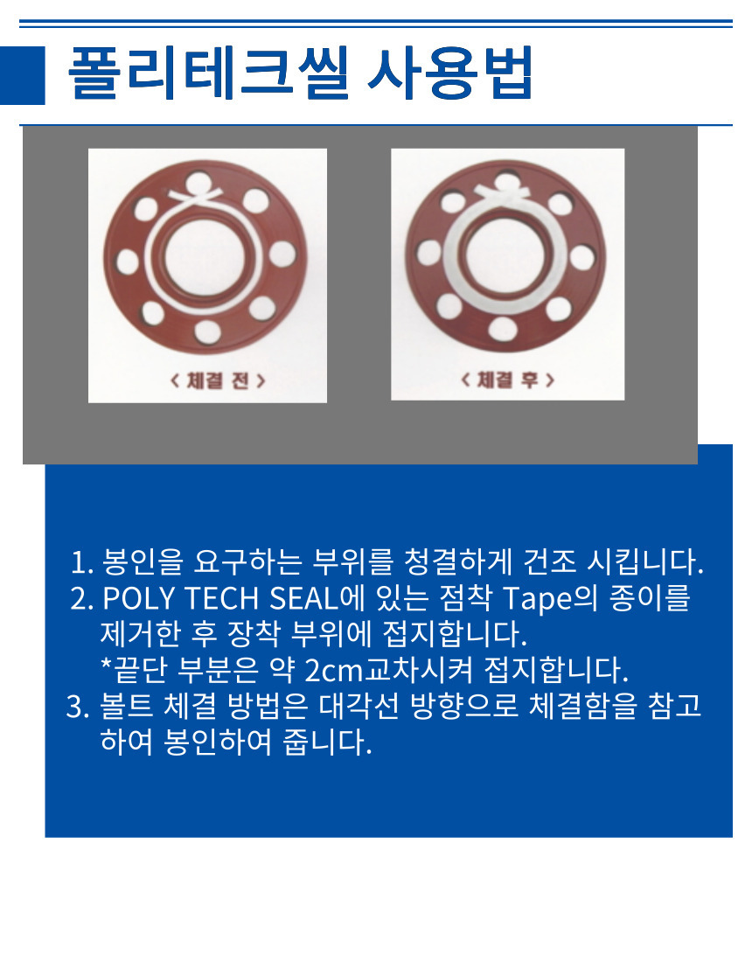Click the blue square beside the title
(22, 75)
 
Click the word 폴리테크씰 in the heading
(208, 73)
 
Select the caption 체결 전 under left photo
(218, 381)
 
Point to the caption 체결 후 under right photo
(507, 380)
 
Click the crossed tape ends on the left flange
(196, 196)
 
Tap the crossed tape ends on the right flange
(503, 192)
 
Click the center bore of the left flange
(205, 256)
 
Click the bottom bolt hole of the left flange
(207, 332)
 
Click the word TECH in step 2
(222, 598)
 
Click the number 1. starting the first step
(81, 562)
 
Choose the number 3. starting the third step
(78, 707)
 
